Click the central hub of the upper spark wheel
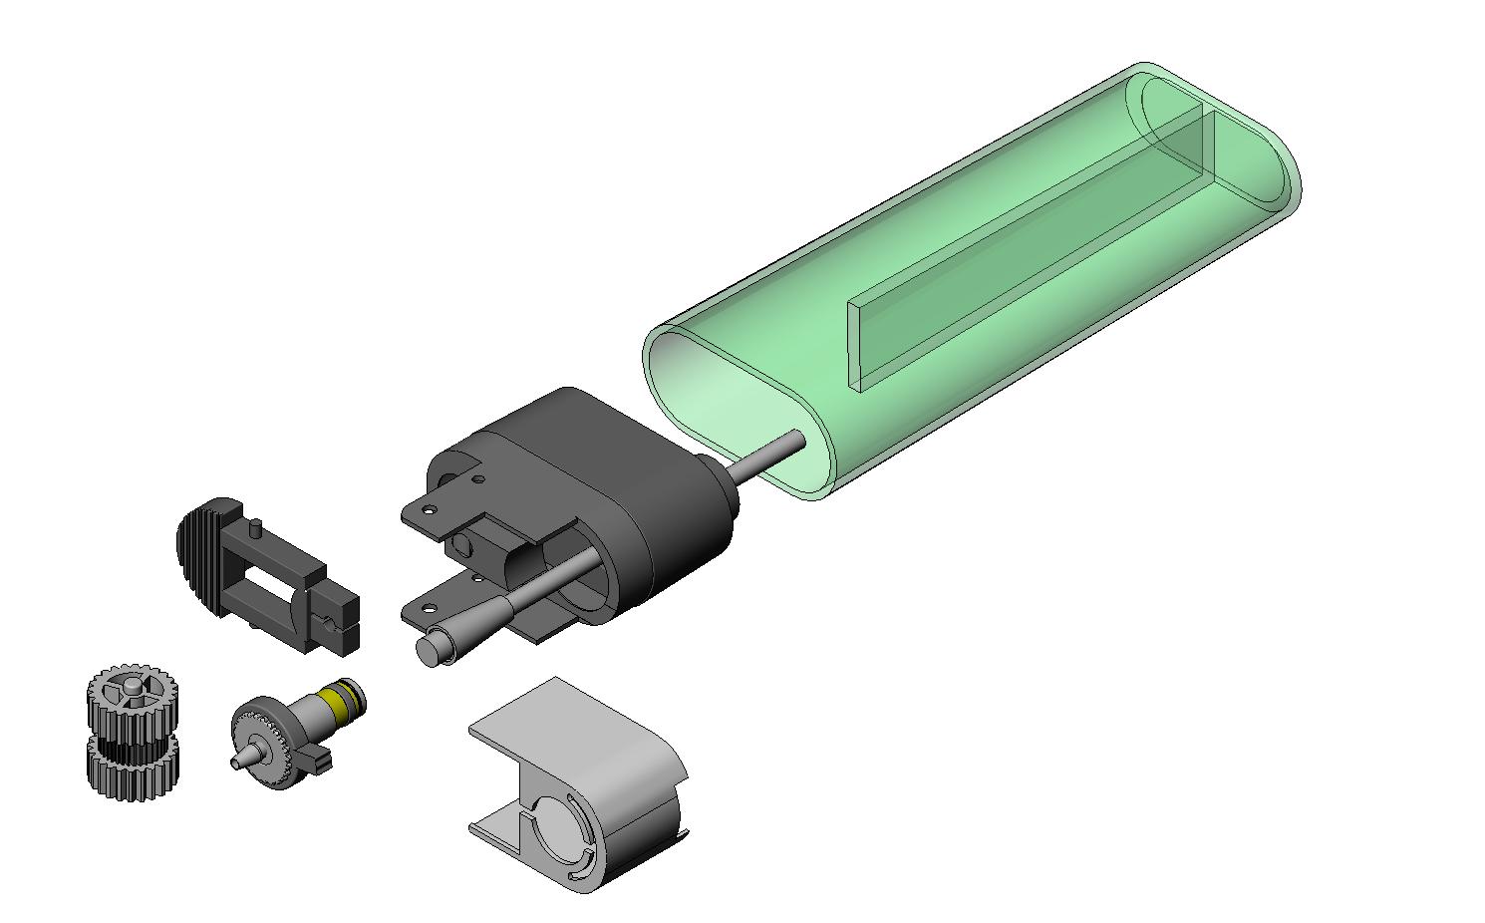[x=134, y=687]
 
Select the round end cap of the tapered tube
[x=432, y=651]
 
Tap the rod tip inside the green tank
[x=796, y=438]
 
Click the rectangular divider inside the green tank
[x=1027, y=249]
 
